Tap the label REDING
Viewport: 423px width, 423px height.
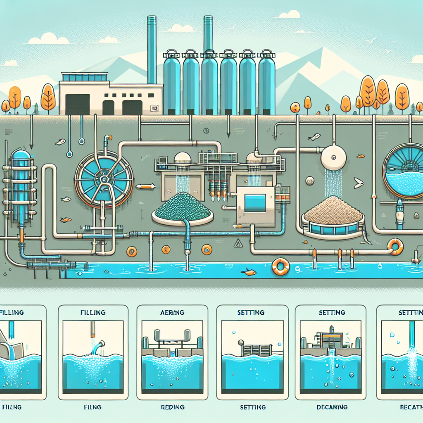[172, 407]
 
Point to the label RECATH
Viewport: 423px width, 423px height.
[410, 407]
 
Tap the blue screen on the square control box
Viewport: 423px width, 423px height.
[255, 203]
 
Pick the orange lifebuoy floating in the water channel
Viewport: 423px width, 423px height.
[280, 266]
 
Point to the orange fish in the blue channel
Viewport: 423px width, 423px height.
[250, 271]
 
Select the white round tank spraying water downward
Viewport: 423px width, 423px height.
[333, 157]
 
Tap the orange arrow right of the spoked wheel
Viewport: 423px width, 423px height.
[145, 186]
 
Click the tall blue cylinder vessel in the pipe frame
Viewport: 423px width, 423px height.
[19, 182]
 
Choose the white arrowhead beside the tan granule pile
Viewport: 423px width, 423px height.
[358, 181]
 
